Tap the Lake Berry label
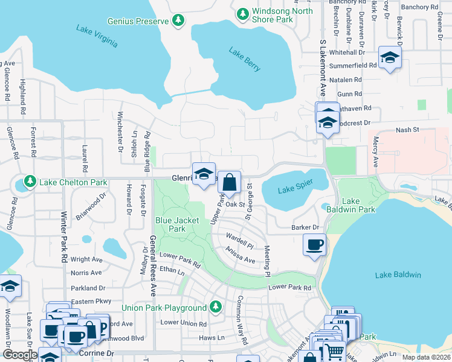(x=245, y=59)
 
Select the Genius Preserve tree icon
(x=178, y=21)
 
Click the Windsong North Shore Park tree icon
(x=242, y=13)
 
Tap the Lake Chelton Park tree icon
(x=28, y=181)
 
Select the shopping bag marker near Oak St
(x=230, y=182)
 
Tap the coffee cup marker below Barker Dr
(x=314, y=245)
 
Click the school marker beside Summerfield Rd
(x=390, y=57)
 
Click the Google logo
(x=20, y=355)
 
